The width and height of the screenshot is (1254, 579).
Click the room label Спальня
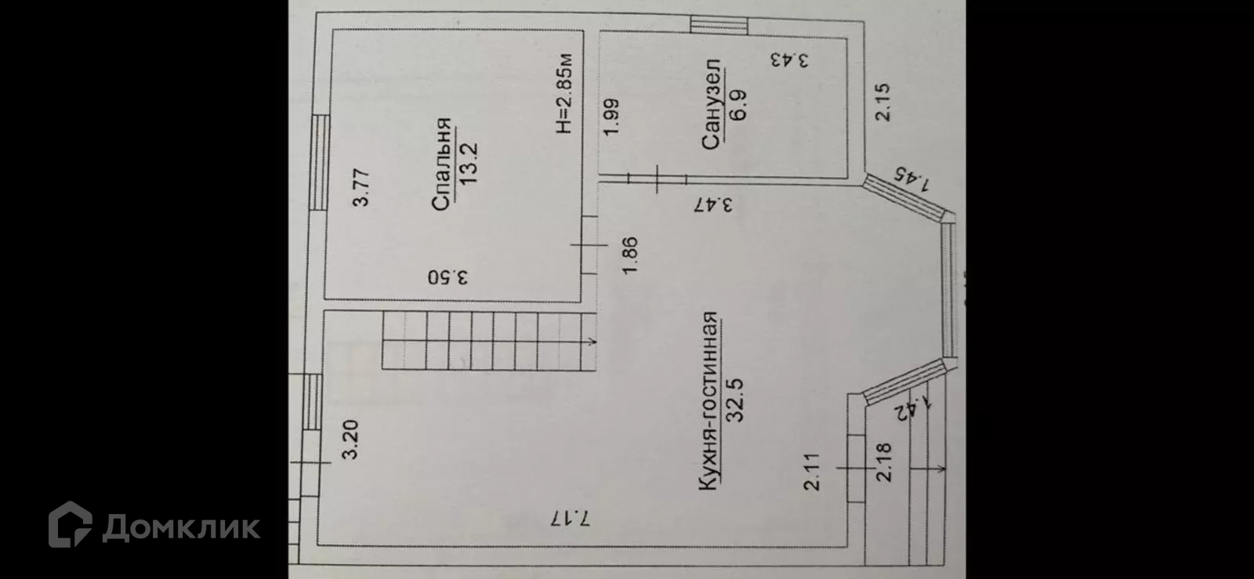pos(441,164)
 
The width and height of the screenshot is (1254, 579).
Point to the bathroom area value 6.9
pos(738,104)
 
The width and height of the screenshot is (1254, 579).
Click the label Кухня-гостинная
pos(708,402)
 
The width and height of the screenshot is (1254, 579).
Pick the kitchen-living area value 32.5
pos(735,400)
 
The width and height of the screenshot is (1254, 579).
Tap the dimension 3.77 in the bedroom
pos(361,188)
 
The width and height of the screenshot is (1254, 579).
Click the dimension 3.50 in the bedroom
pos(448,277)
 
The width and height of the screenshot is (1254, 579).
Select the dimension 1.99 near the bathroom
pos(611,115)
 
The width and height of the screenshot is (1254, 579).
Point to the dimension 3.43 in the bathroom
pos(788,60)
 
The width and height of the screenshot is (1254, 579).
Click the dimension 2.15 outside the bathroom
pos(883,102)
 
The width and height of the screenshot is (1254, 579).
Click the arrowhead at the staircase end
pos(593,341)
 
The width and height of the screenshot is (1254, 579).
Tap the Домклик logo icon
pos(71,523)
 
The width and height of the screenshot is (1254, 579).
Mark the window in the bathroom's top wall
pos(719,25)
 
